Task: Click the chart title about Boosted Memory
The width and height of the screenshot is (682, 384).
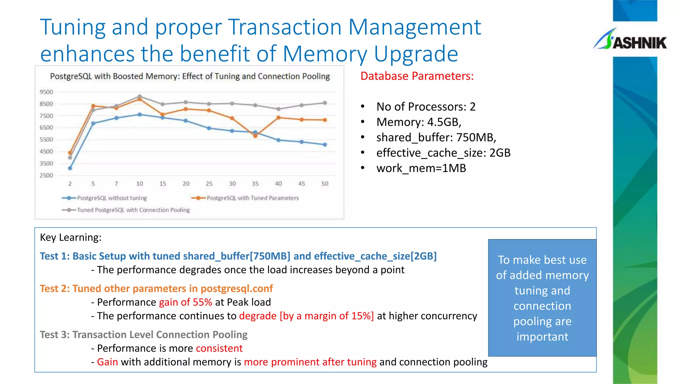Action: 190,76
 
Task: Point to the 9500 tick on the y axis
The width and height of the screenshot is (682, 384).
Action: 46,92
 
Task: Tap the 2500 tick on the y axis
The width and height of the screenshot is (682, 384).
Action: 46,175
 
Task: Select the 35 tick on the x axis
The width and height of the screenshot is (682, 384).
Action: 255,184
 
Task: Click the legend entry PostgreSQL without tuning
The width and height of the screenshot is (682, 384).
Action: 112,198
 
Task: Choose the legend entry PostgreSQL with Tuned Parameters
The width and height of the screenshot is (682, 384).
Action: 252,198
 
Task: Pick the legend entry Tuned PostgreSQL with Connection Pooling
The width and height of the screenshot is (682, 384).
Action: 133,210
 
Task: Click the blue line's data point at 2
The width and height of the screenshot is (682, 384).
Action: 70,168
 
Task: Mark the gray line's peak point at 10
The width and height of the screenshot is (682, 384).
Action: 140,97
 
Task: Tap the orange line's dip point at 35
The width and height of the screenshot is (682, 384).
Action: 255,136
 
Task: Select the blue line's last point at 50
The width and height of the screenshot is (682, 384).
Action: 325,145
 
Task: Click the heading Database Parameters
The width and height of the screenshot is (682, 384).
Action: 417,76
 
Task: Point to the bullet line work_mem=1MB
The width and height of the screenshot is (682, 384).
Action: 421,168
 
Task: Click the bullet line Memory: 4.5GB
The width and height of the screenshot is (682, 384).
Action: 419,122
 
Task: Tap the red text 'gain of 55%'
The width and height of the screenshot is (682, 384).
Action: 185,302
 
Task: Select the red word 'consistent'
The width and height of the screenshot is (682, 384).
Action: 219,348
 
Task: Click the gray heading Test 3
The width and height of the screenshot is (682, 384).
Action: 144,335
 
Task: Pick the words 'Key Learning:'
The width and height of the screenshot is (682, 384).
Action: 71,237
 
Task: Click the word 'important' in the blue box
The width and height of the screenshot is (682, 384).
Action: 542,337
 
